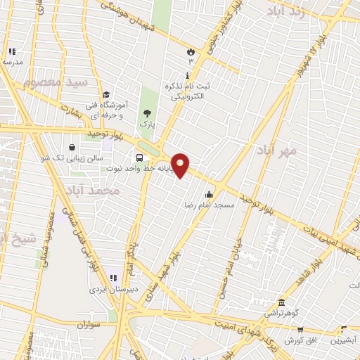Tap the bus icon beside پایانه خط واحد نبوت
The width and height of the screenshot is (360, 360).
pos(140,157)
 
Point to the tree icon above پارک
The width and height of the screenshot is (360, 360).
pos(147,113)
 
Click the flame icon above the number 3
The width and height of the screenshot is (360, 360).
pos(190,51)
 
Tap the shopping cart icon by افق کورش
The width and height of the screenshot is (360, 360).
pos(300,329)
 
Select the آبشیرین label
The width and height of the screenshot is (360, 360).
pos(344,338)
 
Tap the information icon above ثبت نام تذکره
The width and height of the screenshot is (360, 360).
pos(186,75)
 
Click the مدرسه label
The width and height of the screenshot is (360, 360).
pos(12,62)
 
